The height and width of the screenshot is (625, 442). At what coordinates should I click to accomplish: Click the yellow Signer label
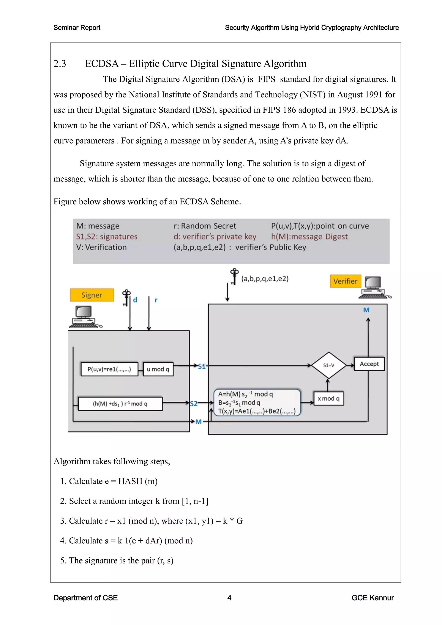[x=92, y=295]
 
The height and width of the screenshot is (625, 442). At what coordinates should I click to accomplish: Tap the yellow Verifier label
[x=345, y=281]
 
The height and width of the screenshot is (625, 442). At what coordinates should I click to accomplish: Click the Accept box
[x=369, y=364]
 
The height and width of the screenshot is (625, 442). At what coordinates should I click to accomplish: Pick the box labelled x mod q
[x=328, y=399]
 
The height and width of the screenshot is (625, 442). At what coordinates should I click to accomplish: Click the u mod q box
[x=158, y=369]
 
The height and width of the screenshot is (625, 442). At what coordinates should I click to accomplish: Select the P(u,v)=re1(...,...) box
[x=109, y=369]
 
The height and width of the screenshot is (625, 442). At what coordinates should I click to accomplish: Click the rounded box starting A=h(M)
[x=257, y=402]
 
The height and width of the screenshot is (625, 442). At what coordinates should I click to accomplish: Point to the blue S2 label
[x=194, y=404]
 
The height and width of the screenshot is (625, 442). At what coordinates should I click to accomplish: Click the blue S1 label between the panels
[x=202, y=366]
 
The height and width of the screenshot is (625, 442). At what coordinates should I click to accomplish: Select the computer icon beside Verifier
[x=374, y=287]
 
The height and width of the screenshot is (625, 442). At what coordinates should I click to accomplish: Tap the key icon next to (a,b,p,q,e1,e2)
[x=234, y=276]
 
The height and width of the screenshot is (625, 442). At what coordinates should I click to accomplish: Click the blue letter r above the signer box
[x=156, y=300]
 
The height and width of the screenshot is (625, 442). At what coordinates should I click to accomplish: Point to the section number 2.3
[x=60, y=64]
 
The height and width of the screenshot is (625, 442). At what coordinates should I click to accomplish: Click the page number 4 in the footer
[x=229, y=598]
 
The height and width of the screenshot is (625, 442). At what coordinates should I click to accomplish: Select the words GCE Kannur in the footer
[x=372, y=598]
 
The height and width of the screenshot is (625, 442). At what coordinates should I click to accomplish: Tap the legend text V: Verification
[x=101, y=247]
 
